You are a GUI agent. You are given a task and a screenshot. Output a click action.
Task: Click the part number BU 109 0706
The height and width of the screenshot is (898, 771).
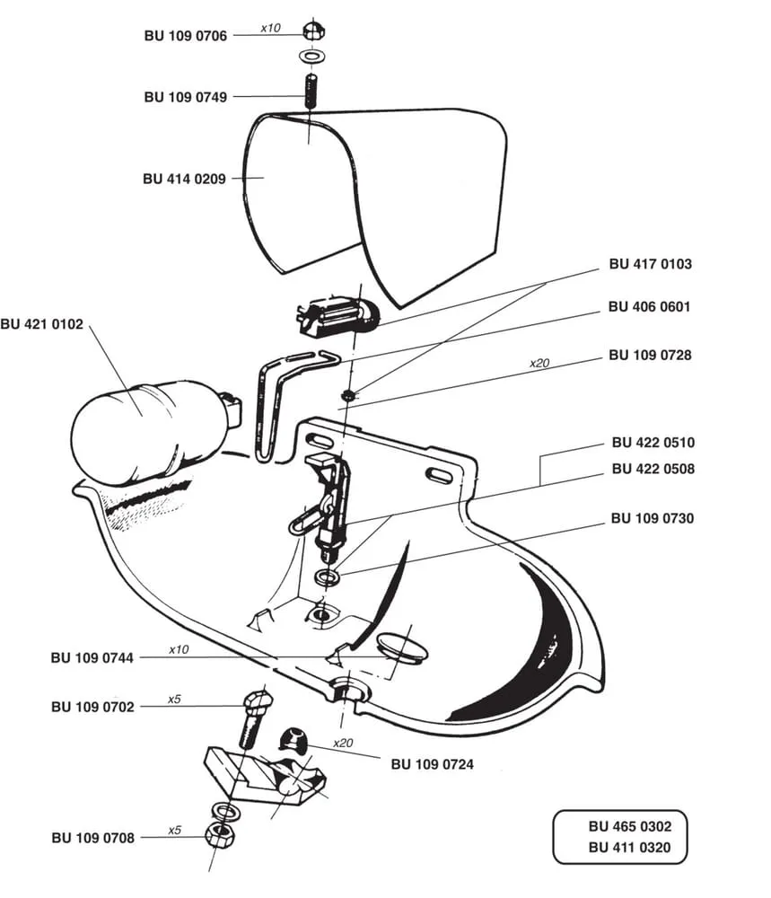click(x=186, y=36)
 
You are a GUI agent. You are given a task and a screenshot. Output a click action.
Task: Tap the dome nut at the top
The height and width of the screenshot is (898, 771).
click(x=313, y=30)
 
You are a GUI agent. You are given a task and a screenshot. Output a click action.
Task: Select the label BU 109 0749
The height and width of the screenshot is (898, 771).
click(x=186, y=97)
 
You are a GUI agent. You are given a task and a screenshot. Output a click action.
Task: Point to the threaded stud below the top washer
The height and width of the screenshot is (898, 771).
click(x=310, y=91)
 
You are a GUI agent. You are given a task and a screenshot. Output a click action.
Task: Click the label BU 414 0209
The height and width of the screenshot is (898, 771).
click(x=184, y=179)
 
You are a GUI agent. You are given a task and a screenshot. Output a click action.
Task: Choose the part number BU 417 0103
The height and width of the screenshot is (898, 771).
click(x=650, y=264)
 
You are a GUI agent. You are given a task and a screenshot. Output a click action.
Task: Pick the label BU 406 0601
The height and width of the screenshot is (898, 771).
click(x=649, y=306)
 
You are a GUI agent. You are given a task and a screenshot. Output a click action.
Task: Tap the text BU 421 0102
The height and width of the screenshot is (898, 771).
click(x=42, y=324)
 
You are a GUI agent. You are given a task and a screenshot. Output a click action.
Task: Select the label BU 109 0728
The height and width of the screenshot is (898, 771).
click(x=650, y=355)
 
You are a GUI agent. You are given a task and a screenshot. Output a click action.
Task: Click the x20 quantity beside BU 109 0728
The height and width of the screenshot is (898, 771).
click(x=539, y=363)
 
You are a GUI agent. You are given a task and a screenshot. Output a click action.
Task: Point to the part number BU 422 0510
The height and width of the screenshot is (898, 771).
click(x=653, y=442)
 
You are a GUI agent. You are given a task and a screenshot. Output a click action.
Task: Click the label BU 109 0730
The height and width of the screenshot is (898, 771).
click(x=653, y=518)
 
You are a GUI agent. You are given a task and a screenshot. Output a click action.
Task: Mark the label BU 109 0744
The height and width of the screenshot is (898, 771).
click(x=92, y=657)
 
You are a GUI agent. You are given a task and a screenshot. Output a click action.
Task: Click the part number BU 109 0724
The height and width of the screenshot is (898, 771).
click(x=432, y=764)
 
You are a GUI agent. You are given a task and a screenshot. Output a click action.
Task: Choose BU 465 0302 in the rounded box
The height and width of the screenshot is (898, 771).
click(x=629, y=826)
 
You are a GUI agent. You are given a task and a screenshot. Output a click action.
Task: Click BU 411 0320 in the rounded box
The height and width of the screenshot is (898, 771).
click(x=629, y=847)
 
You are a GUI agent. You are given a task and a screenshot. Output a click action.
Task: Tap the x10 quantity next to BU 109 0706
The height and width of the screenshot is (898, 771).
click(x=270, y=28)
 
